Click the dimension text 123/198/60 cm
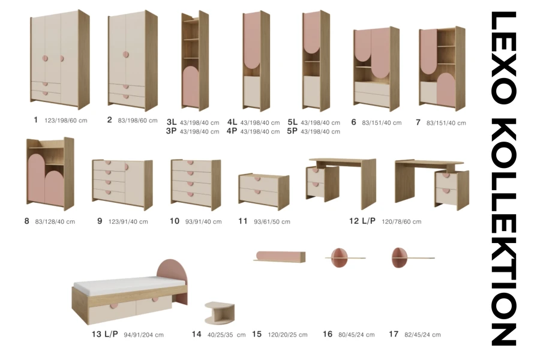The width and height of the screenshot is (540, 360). click(66, 121)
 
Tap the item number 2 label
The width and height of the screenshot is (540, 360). click(110, 120)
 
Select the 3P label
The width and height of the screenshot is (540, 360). click(171, 131)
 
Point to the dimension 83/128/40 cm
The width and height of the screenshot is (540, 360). click(55, 222)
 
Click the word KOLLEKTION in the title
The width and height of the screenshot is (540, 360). click(503, 232)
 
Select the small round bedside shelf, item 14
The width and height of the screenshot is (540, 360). click(220, 313)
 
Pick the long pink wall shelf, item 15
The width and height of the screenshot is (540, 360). click(280, 257)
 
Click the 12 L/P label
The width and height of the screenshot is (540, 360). click(362, 221)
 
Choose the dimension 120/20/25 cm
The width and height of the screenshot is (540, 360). click(287, 335)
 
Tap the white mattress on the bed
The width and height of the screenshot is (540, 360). click(129, 285)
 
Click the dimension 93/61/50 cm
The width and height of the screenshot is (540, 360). click(272, 222)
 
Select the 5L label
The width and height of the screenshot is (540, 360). click(292, 122)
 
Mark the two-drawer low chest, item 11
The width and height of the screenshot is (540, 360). click(264, 191)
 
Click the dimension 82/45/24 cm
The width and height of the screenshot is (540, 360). click(422, 335)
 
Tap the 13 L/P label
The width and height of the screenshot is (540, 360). click(104, 334)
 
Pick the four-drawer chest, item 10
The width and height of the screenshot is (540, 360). click(196, 184)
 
